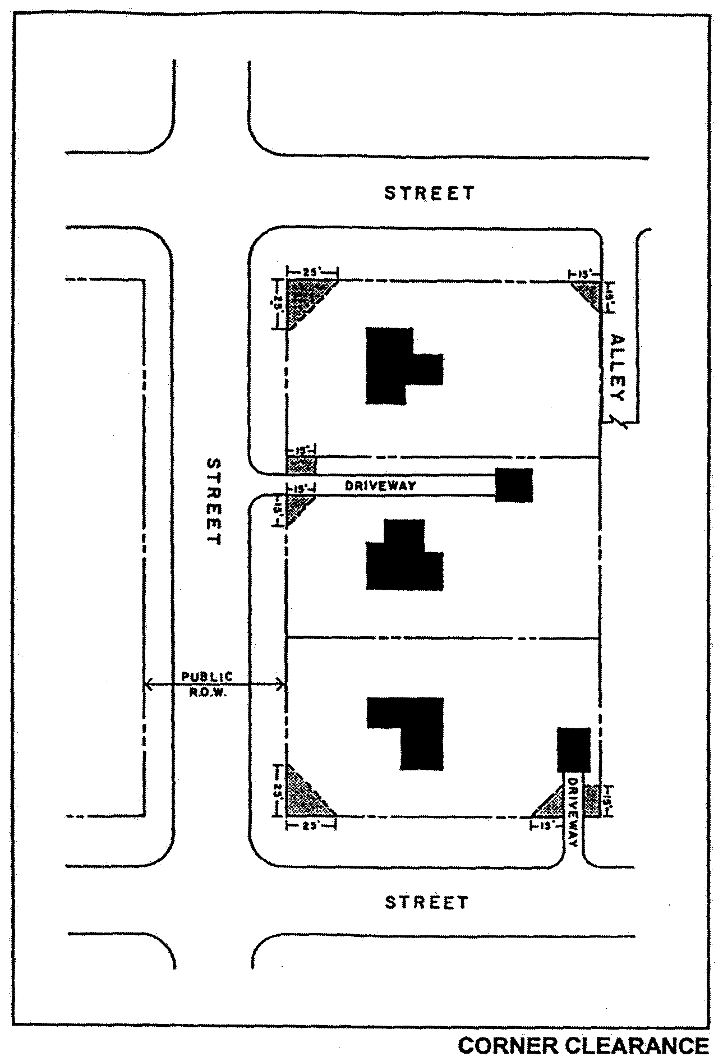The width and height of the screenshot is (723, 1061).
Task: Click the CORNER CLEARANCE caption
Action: [583, 1045]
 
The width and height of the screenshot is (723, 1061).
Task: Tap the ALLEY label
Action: [617, 368]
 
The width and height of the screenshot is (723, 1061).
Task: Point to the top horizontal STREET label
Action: [429, 193]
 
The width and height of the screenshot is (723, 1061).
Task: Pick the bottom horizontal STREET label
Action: [426, 902]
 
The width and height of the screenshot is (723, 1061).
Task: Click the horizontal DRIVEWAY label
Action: [381, 486]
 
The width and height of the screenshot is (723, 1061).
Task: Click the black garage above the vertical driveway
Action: [574, 749]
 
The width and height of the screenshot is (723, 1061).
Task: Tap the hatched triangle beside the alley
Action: [590, 292]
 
